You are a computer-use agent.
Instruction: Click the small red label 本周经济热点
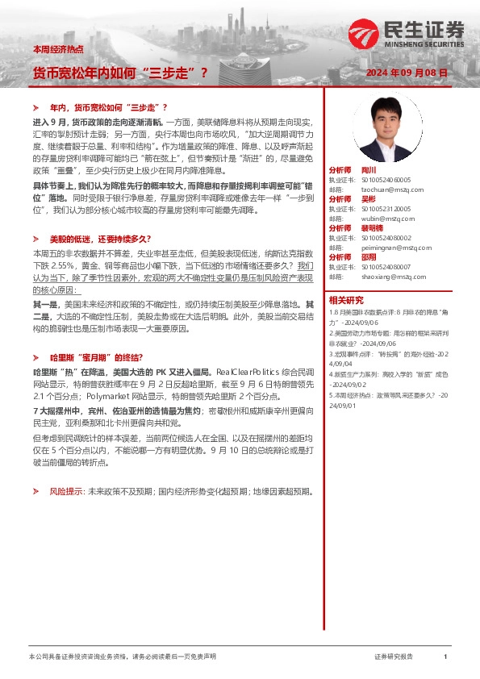58,50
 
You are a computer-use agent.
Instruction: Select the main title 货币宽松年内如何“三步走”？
119,73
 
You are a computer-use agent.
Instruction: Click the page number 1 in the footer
445,657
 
